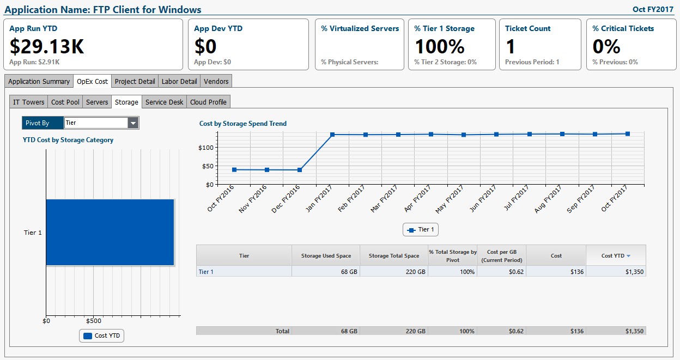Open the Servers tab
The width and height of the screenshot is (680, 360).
tap(97, 102)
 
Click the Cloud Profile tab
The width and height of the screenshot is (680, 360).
tap(209, 102)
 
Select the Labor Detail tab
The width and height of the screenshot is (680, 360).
tap(179, 81)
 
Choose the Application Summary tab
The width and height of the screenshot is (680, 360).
tap(39, 81)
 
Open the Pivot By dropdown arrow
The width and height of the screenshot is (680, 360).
tap(133, 123)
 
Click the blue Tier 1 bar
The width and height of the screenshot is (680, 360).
tap(110, 232)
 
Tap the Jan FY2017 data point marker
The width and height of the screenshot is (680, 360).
tap(332, 135)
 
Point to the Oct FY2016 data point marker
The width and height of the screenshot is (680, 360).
tap(234, 170)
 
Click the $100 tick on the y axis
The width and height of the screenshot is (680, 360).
tap(205, 148)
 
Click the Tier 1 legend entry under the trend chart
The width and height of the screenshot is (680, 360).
tap(421, 230)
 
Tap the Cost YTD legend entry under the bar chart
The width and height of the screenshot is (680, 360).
tap(102, 335)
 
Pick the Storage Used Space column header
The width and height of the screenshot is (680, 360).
tap(326, 255)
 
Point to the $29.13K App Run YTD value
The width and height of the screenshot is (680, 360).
tap(47, 46)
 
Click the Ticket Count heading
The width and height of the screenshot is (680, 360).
tap(527, 28)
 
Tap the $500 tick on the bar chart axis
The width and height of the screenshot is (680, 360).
tap(93, 321)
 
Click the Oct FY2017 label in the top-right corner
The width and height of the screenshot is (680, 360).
tap(653, 9)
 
